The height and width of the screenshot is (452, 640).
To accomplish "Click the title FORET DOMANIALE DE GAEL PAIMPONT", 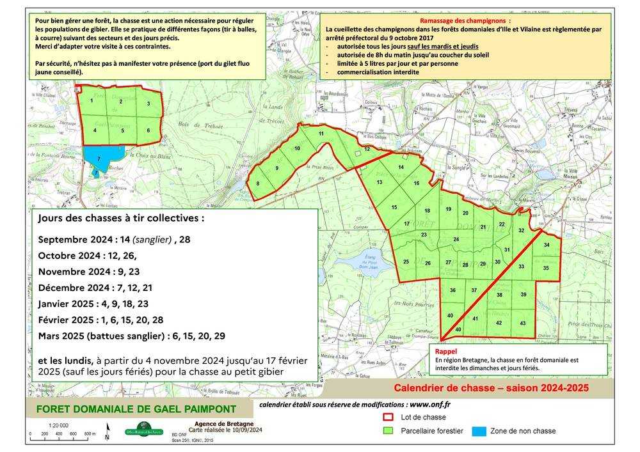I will coord(136,409).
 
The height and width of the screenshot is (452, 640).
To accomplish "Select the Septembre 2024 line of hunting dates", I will coord(115,240).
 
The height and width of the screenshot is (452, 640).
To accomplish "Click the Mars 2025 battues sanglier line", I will coord(132,336).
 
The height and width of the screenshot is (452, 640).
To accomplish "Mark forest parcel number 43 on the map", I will coord(523,323).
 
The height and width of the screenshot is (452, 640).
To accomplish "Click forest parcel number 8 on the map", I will coord(258,184).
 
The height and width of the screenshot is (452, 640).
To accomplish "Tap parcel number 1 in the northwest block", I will coord(92,101).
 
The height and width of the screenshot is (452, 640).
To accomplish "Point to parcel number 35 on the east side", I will coord(546,268).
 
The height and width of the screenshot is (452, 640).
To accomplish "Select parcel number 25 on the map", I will coord(406,262).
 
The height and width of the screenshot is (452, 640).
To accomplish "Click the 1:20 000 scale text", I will coord(59,425).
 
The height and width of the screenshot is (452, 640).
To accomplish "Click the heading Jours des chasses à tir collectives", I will coord(122,218).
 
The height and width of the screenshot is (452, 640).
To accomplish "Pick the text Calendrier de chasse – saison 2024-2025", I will coord(491,388).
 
